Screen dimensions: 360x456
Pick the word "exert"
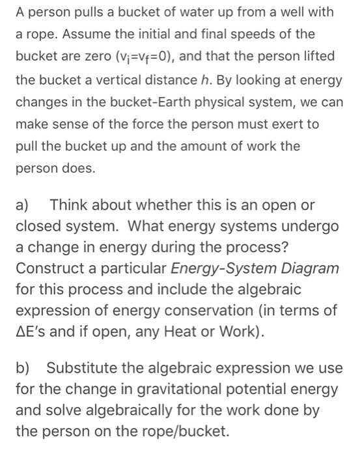pos(289,124)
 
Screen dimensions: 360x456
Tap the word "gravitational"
pos(175,390)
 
